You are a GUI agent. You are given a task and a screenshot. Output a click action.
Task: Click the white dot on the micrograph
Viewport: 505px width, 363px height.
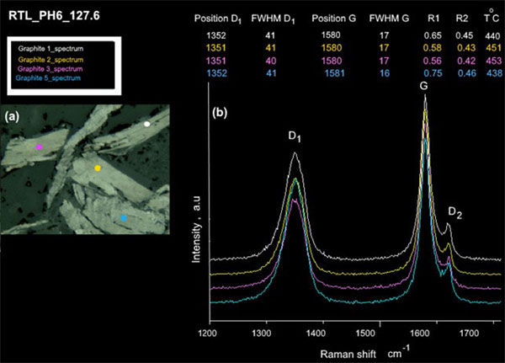(x=147, y=124)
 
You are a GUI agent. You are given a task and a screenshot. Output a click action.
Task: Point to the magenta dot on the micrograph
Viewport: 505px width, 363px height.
(x=40, y=147)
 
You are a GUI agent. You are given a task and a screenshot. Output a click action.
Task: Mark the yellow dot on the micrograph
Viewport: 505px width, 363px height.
(x=98, y=168)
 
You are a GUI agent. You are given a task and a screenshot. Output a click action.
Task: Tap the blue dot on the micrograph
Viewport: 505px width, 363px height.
(x=124, y=218)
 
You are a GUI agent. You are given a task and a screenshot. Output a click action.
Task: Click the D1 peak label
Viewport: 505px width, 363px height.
(x=294, y=137)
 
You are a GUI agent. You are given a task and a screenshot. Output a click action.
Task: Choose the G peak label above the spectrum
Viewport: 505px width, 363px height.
(x=424, y=87)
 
